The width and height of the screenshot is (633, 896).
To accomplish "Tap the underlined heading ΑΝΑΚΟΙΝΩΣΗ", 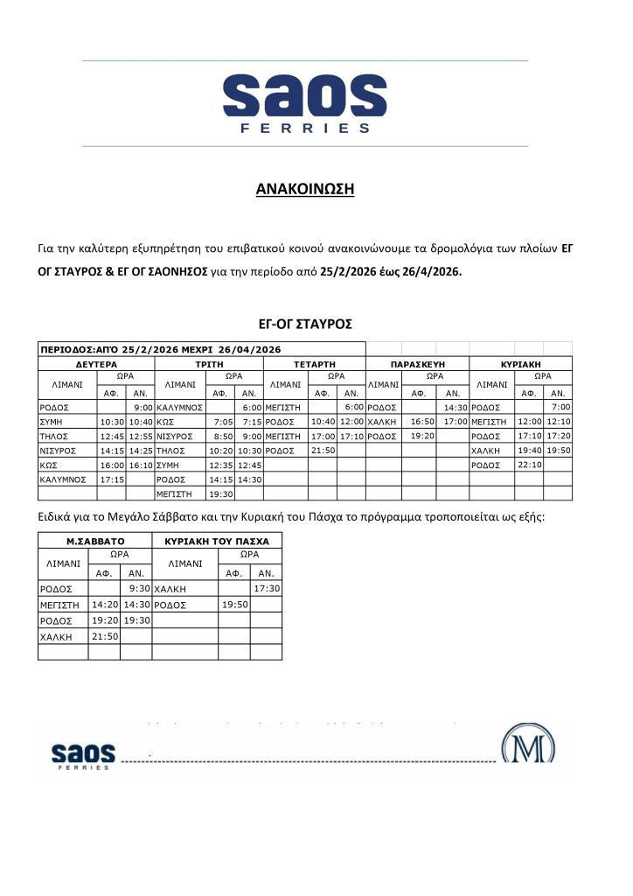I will (x=304, y=189).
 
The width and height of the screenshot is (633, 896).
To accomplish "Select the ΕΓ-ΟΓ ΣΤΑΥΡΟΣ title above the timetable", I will (x=304, y=324).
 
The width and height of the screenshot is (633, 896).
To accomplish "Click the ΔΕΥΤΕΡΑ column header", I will (x=96, y=362).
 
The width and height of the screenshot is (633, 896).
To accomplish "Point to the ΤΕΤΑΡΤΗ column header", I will (x=310, y=362).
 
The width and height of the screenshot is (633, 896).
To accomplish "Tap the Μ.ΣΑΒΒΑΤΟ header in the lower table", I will (x=96, y=541).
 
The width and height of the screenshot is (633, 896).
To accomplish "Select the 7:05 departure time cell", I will (x=222, y=422).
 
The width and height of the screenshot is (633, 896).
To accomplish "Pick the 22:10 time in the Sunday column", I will (x=529, y=465).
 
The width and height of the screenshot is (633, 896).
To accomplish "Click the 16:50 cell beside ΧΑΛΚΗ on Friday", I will (x=423, y=422).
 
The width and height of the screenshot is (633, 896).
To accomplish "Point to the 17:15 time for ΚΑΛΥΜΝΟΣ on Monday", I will (x=111, y=479).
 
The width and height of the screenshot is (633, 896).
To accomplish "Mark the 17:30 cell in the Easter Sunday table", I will (x=267, y=589).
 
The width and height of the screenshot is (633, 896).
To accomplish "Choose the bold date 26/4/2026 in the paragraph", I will (x=429, y=271).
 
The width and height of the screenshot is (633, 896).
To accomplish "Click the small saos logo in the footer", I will (x=83, y=755).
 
